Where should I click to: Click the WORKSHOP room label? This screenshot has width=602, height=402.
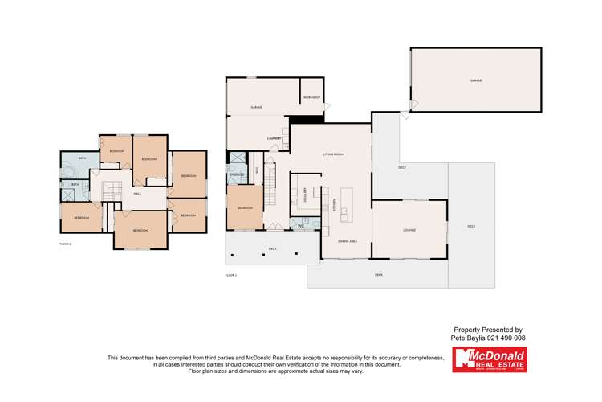[x=311, y=98]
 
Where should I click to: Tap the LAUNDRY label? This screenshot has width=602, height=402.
[x=273, y=138]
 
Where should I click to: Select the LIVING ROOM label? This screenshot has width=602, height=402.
[x=333, y=154]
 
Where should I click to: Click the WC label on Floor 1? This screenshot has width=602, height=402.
[x=299, y=225]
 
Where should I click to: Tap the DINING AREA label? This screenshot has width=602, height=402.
[x=347, y=240]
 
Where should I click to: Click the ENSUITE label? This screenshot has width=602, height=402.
[x=237, y=174]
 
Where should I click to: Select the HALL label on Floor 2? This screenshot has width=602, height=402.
[x=137, y=194]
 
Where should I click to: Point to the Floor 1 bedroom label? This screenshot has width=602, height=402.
[x=244, y=208]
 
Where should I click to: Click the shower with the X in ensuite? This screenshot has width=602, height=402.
[x=237, y=159]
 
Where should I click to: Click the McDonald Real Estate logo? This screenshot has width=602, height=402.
[x=489, y=359]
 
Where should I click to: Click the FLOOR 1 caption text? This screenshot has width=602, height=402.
[x=231, y=275]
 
